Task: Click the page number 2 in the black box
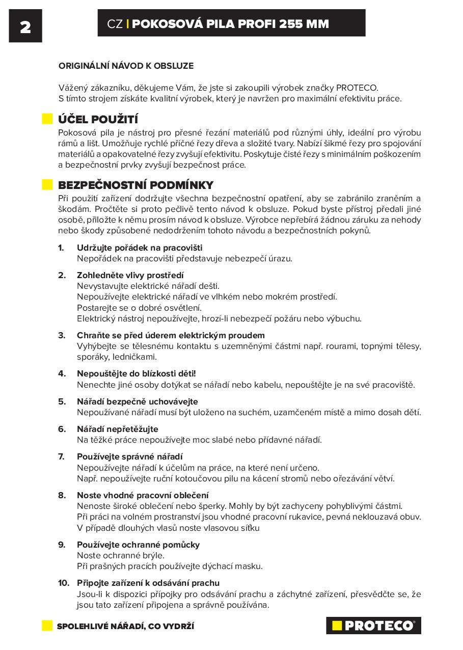tap(25, 26)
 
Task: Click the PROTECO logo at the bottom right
tap(373, 626)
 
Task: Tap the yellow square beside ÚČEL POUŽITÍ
tap(47, 119)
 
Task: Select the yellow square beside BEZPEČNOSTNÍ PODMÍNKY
tap(47, 185)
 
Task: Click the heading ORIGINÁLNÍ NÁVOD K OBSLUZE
tap(126, 66)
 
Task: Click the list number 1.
tap(61, 248)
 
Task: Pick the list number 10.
tap(63, 583)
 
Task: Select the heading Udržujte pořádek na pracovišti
tap(140, 248)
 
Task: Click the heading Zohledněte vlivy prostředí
tap(130, 275)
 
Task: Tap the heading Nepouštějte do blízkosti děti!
tap(136, 373)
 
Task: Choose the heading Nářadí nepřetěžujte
tap(117, 429)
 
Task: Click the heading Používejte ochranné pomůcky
tap(138, 545)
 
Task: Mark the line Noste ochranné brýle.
tap(121, 555)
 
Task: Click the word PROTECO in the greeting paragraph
tap(357, 88)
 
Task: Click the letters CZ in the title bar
tap(115, 23)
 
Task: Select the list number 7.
tap(61, 456)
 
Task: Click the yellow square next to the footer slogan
tap(47, 626)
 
